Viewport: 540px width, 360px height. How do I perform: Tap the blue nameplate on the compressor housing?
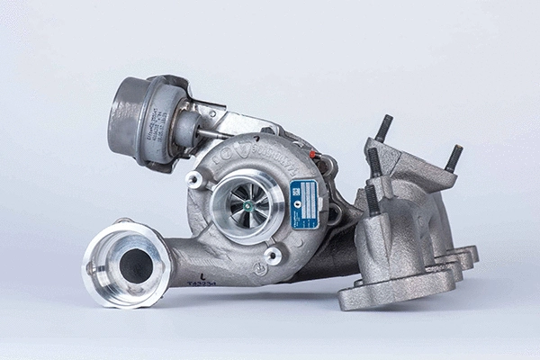[303, 203]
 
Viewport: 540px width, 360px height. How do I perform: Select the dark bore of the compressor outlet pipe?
[136, 265]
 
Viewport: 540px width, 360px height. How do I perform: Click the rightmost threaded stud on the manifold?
[454, 158]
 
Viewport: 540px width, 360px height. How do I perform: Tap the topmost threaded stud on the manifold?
[384, 128]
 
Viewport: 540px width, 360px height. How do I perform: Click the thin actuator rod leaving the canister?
[212, 136]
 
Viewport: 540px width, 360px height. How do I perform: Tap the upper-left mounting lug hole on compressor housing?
[192, 178]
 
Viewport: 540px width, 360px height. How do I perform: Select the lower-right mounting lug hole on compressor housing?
[273, 256]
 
